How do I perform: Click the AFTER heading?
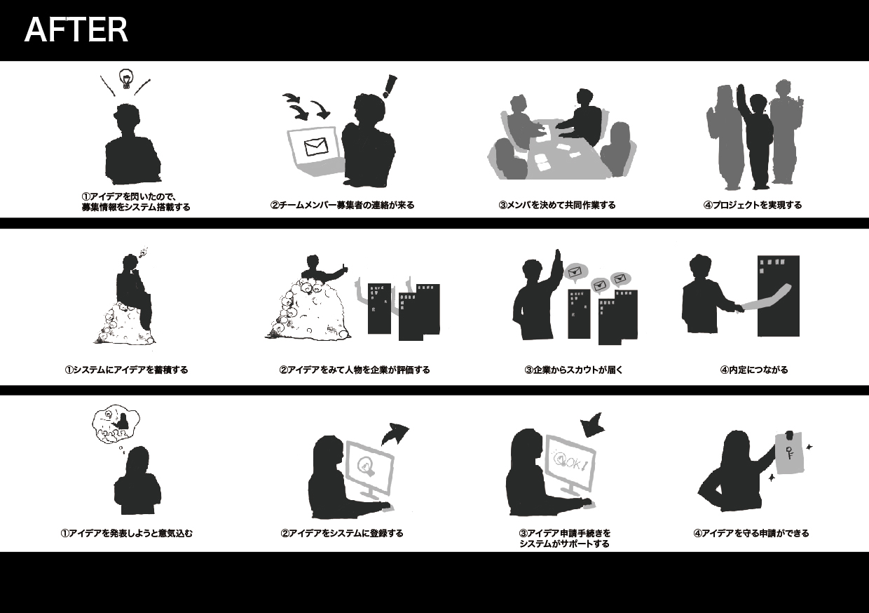(76, 30)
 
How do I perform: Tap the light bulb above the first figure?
(125, 79)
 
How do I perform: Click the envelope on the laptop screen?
(316, 147)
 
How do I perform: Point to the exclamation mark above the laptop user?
(390, 86)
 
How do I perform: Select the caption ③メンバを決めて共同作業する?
(556, 205)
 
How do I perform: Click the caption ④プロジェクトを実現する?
(753, 205)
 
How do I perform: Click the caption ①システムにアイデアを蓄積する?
(126, 370)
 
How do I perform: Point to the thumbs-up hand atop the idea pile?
(343, 269)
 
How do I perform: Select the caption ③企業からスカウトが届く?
(573, 370)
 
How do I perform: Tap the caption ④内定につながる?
(754, 370)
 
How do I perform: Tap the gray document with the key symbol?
(789, 452)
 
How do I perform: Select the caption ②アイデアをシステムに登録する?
(342, 533)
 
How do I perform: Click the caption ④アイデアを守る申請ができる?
(751, 533)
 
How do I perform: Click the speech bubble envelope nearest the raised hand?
(575, 272)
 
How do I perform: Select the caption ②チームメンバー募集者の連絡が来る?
(342, 205)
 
